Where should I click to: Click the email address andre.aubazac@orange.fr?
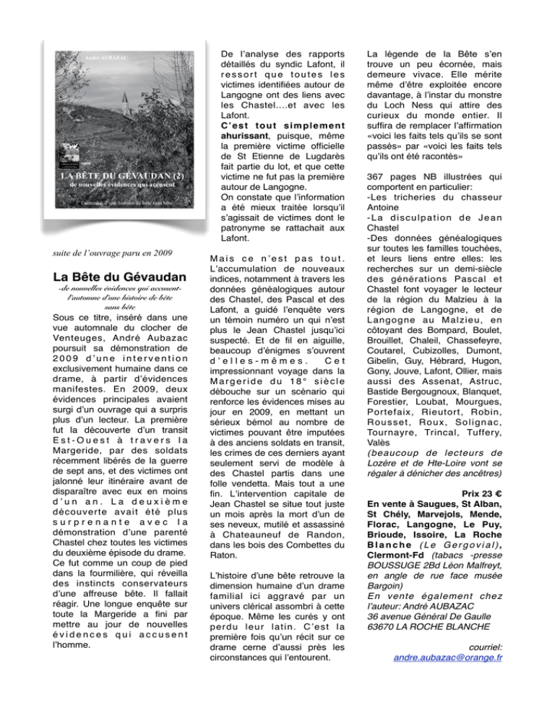(444, 678)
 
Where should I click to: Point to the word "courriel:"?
(483, 664)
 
